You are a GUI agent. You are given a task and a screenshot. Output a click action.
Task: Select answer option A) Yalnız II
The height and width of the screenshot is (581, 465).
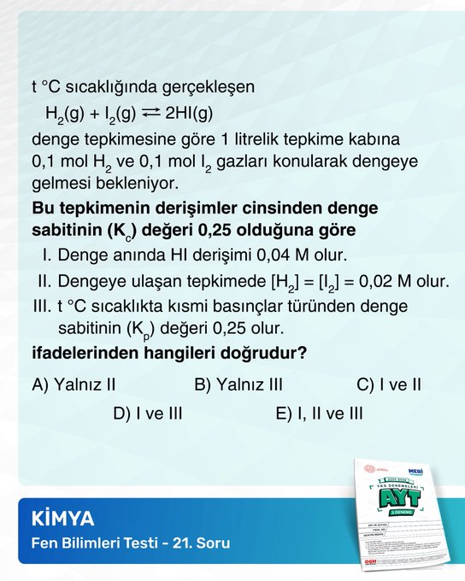click(74, 384)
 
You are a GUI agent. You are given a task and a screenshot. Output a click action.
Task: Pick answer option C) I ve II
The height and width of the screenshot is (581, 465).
click(388, 384)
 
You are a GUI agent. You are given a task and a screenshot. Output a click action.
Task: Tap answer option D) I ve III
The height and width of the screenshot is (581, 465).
click(148, 414)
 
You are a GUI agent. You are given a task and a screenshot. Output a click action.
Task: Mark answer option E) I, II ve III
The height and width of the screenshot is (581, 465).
click(319, 414)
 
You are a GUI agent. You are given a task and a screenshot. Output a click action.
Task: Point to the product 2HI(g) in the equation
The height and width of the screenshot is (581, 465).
click(189, 113)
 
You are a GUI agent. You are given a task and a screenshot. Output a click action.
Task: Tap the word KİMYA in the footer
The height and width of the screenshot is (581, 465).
click(62, 519)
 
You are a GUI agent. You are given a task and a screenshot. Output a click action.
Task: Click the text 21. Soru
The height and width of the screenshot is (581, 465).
click(201, 543)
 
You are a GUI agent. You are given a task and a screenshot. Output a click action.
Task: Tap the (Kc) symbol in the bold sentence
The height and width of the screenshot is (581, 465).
click(126, 232)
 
